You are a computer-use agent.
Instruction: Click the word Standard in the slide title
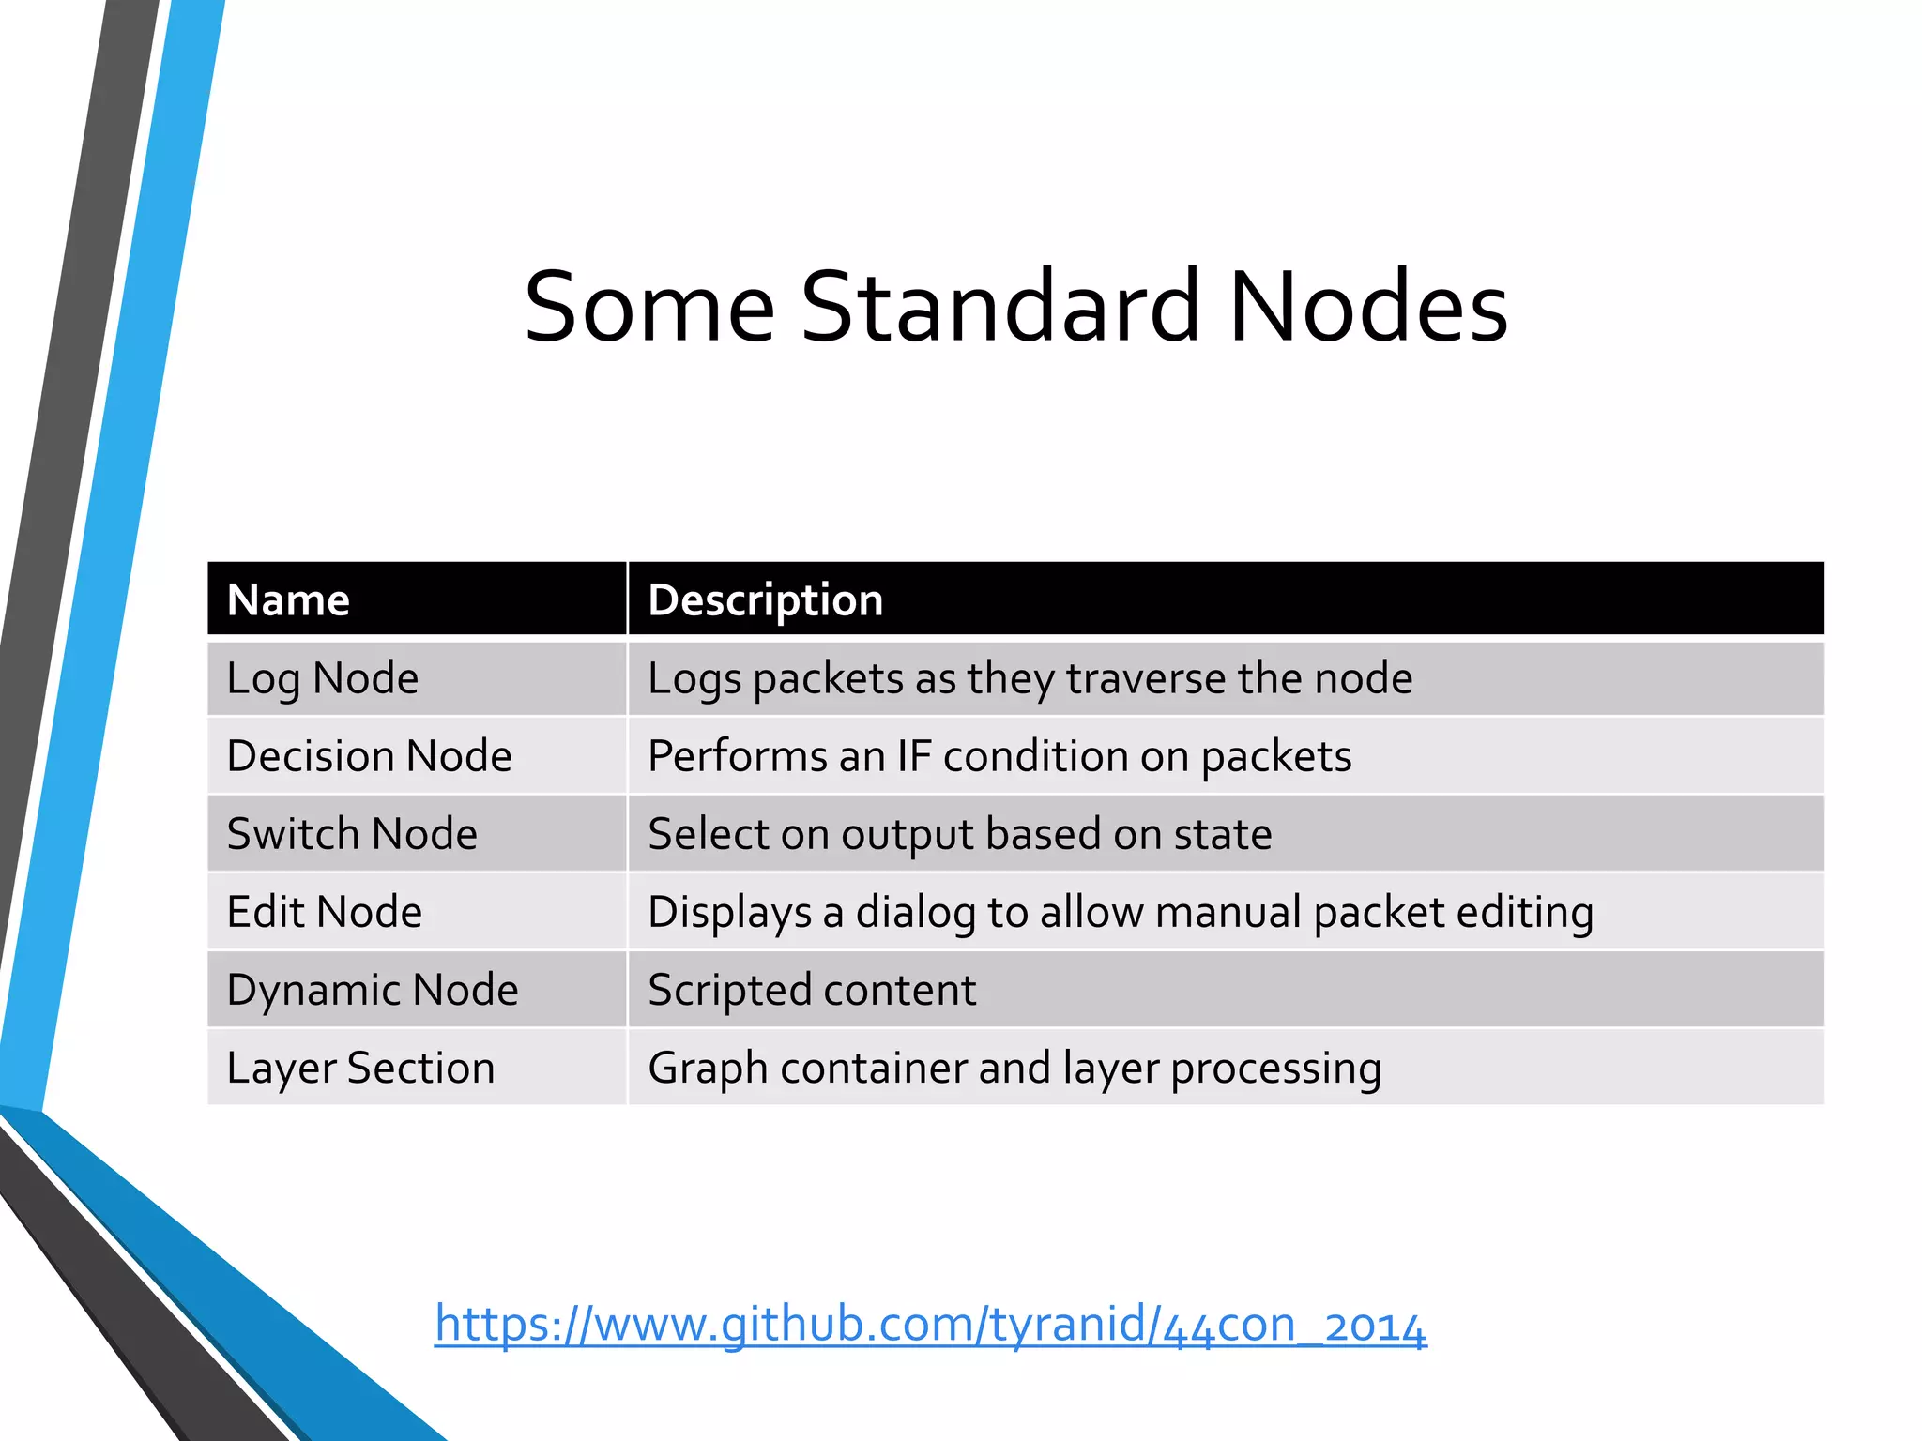[1000, 308]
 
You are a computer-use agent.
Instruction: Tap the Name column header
[288, 599]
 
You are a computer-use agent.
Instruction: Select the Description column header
[765, 599]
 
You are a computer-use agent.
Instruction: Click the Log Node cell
[322, 678]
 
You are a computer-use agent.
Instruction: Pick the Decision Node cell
[369, 756]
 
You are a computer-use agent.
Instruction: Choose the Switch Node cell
[352, 834]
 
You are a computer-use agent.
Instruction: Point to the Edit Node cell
[324, 912]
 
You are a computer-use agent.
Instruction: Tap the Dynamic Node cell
[372, 990]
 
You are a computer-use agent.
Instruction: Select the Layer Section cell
[360, 1068]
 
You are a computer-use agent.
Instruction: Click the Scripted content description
[812, 990]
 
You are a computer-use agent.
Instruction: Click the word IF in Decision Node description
[913, 756]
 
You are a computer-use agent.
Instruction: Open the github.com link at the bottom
[930, 1324]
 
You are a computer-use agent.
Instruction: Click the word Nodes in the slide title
[1367, 308]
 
